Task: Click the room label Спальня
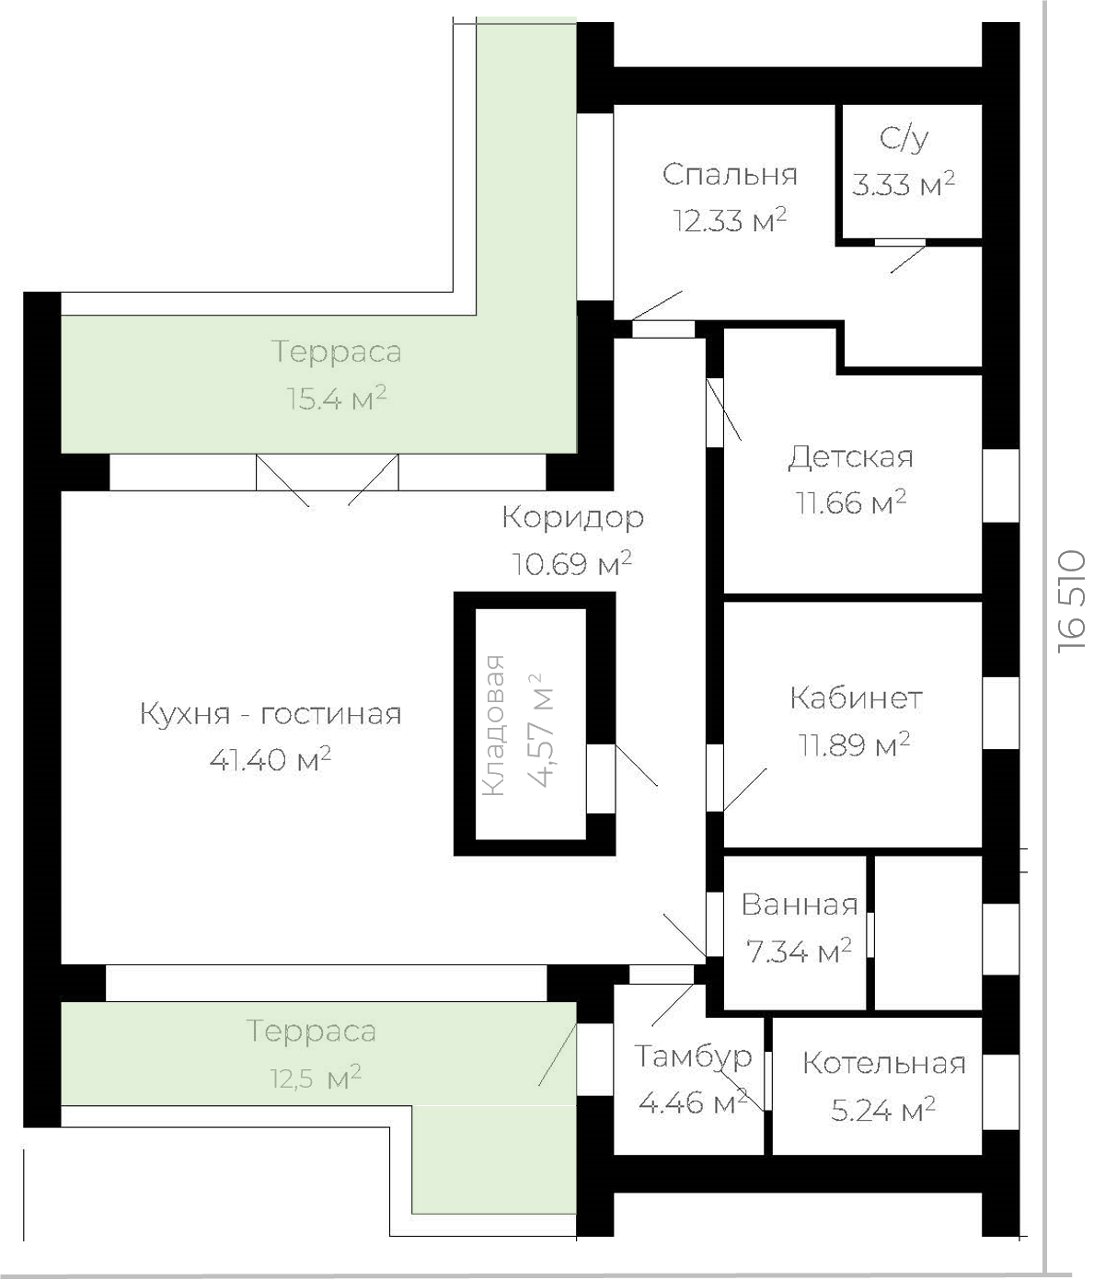tap(730, 175)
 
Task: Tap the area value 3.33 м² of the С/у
tap(904, 184)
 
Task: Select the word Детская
tap(850, 457)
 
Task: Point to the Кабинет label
tap(856, 698)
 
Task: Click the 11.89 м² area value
tap(854, 744)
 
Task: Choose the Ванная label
tap(800, 905)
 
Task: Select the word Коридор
tap(573, 517)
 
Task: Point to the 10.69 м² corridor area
tap(572, 564)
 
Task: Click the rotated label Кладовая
tap(494, 726)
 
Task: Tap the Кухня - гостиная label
tap(271, 714)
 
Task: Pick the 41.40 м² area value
tap(271, 759)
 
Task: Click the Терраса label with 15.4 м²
tap(337, 352)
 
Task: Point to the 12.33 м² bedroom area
tap(730, 220)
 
